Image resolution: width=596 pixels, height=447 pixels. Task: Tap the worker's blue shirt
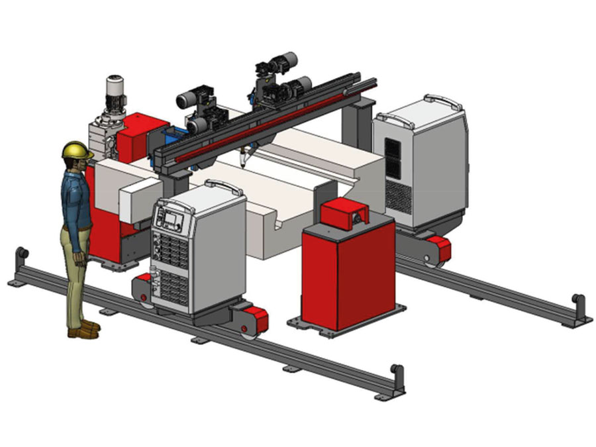(74, 199)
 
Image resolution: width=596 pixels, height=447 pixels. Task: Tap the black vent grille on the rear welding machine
(393, 159)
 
